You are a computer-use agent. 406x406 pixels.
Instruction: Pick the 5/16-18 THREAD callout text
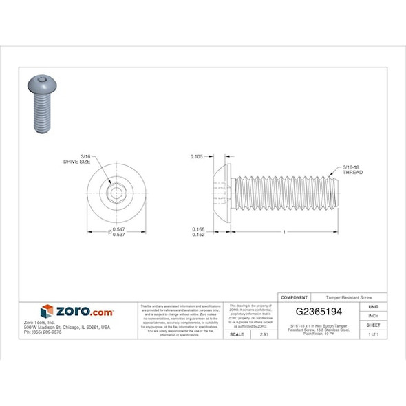click(352, 169)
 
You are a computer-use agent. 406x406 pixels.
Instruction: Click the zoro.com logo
click(77, 312)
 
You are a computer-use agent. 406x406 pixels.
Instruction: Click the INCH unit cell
click(374, 315)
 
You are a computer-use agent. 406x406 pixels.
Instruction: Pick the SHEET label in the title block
click(374, 325)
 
